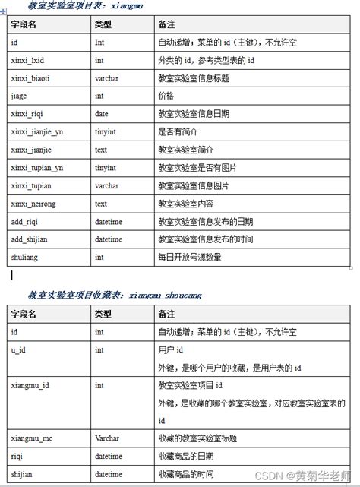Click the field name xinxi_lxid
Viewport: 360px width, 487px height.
(x=28, y=60)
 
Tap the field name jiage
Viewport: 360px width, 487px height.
(x=19, y=96)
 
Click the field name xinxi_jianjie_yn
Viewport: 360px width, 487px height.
(x=37, y=131)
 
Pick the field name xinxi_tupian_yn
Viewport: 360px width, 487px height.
(x=37, y=167)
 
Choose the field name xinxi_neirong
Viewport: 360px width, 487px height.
(x=33, y=204)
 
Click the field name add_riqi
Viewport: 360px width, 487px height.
(x=25, y=222)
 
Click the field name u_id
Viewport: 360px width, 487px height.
(x=19, y=350)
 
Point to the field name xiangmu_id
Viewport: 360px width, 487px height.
(x=30, y=386)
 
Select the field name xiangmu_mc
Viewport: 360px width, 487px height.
(x=32, y=438)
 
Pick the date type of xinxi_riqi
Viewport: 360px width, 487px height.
(x=102, y=114)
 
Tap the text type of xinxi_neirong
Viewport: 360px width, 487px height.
(x=101, y=204)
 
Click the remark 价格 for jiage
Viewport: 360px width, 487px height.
(x=166, y=96)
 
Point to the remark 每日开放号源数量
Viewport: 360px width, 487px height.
(x=189, y=258)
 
